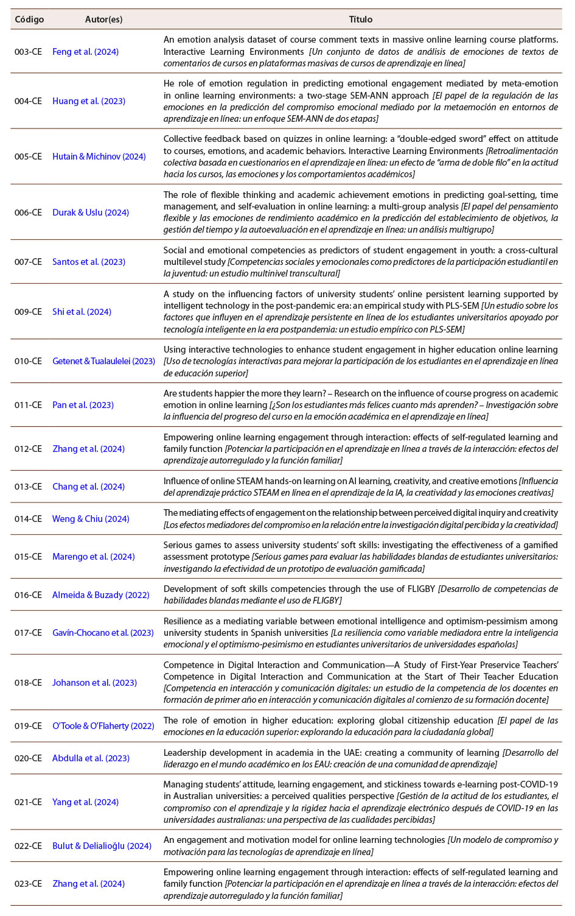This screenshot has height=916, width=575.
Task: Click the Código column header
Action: [29, 19]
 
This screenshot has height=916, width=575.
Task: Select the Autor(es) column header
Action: [103, 19]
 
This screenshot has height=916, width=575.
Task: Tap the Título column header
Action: [360, 19]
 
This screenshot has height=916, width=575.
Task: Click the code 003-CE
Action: [28, 52]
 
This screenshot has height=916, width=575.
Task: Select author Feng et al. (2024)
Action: [85, 52]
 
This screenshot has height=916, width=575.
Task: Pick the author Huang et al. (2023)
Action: [89, 101]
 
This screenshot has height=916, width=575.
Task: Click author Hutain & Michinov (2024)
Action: [99, 157]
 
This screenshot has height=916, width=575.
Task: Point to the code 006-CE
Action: [28, 213]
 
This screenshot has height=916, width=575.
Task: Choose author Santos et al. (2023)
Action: [89, 262]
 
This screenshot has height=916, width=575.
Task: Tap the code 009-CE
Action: [28, 312]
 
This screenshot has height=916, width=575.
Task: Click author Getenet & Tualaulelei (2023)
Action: [103, 361]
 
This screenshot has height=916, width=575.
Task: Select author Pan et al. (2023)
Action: [83, 405]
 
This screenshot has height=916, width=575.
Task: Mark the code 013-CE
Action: [28, 487]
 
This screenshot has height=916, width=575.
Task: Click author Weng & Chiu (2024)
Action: [91, 519]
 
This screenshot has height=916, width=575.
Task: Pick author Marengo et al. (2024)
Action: [94, 557]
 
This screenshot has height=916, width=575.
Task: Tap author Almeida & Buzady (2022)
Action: [101, 595]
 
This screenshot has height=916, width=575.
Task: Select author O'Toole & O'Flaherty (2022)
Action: [103, 726]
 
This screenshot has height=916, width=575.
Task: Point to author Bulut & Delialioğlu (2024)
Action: [102, 846]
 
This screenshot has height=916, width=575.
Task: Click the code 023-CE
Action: [28, 884]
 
